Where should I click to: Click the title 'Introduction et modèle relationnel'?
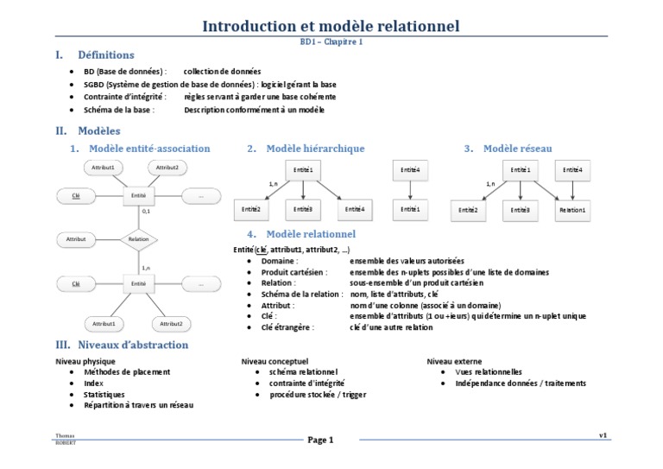[x=331, y=26]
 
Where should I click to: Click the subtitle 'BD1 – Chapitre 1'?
[x=331, y=41]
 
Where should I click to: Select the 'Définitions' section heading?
[x=105, y=54]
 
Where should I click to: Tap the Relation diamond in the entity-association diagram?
[x=138, y=238]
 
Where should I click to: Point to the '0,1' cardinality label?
[x=146, y=211]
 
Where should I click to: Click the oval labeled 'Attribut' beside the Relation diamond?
[x=77, y=238]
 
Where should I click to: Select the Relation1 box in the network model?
[x=571, y=209]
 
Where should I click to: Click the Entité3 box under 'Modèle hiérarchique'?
[x=302, y=209]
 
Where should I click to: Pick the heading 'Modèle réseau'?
[x=518, y=149]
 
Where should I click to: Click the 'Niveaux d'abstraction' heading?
[x=133, y=345]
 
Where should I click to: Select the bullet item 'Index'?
[x=93, y=383]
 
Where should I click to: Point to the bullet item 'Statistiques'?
[x=104, y=394]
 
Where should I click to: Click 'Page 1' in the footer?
[x=320, y=440]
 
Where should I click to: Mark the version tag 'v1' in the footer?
[x=603, y=434]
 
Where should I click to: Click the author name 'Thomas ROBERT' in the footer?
[x=65, y=440]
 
